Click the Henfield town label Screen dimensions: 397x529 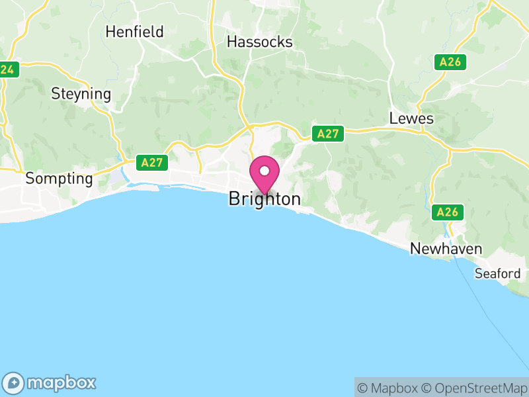pyautogui.click(x=134, y=32)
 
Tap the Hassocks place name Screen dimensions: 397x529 pyautogui.click(x=259, y=42)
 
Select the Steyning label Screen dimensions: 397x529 pyautogui.click(x=81, y=94)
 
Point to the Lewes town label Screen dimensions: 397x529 pyautogui.click(x=411, y=118)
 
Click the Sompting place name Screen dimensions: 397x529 pyautogui.click(x=59, y=179)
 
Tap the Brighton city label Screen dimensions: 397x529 pyautogui.click(x=264, y=199)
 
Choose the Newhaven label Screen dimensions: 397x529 pyautogui.click(x=446, y=249)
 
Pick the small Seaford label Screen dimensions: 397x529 pyautogui.click(x=497, y=273)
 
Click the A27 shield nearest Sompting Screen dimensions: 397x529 pyautogui.click(x=151, y=161)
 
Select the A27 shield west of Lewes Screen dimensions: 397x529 pyautogui.click(x=328, y=134)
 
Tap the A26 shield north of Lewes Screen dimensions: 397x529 pyautogui.click(x=451, y=63)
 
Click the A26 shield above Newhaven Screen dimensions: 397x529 pyautogui.click(x=448, y=212)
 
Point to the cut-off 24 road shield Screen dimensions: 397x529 pyautogui.click(x=8, y=69)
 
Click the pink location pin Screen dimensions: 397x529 pyautogui.click(x=264, y=175)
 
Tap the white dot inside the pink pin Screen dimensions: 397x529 pyautogui.click(x=264, y=171)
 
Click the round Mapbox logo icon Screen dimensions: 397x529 pyautogui.click(x=14, y=382)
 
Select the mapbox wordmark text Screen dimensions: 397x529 pyautogui.click(x=61, y=382)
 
